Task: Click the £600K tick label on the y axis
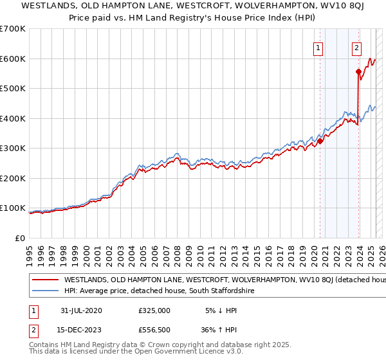coord(13,59)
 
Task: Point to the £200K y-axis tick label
coord(13,178)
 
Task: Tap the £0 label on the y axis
coord(21,238)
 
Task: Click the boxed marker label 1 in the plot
coord(318,47)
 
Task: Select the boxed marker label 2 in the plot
coord(356,47)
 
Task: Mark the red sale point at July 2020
coord(320,141)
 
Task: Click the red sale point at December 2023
coord(358,72)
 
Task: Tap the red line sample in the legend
coord(46,280)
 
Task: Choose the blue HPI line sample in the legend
coord(46,291)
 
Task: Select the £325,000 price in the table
coord(154,310)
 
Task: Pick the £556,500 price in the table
coord(154,331)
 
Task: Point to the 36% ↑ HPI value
coord(219,331)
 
